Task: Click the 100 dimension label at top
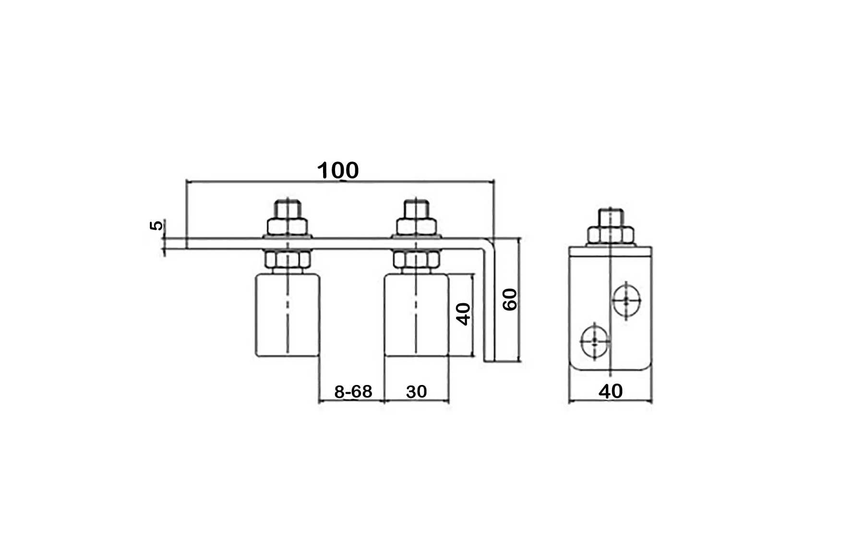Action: tap(338, 171)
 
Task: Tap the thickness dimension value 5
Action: tap(156, 225)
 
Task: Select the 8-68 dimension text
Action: tap(353, 392)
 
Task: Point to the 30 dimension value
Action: tap(416, 392)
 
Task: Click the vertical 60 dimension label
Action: tap(510, 299)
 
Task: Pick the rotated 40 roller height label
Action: tap(463, 314)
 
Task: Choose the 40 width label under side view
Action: tap(611, 392)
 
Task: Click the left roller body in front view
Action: tap(287, 315)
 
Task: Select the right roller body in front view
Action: tap(417, 315)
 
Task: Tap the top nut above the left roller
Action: tap(287, 227)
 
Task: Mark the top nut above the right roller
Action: tap(417, 227)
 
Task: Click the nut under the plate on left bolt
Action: tap(287, 260)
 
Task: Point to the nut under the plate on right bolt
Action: tap(417, 260)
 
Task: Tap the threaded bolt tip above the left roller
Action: tap(288, 209)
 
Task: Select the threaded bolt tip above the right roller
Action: tap(417, 209)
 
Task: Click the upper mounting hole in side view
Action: tap(626, 300)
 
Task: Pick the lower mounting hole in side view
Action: tap(595, 341)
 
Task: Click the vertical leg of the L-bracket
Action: tap(489, 308)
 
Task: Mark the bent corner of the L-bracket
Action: tap(488, 244)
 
